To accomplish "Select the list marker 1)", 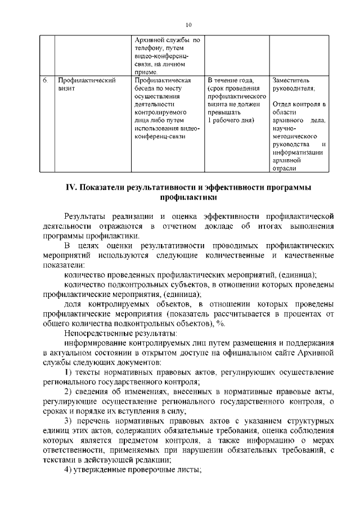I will pyautogui.click(x=67, y=373).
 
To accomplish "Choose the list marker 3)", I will pyautogui.click(x=67, y=422).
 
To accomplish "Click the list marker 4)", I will pyautogui.click(x=67, y=471).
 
